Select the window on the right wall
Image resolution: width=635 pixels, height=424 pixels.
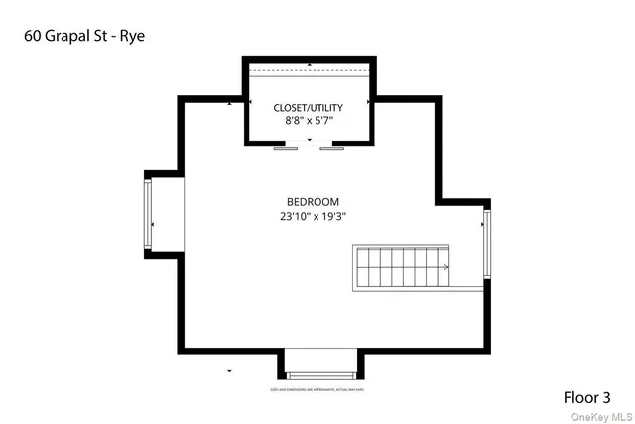(486, 243)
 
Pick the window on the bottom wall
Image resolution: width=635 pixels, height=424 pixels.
(318, 374)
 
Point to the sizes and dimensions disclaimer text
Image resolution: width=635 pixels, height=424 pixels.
(318, 390)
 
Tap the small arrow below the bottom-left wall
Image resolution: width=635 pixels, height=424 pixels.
(230, 370)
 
